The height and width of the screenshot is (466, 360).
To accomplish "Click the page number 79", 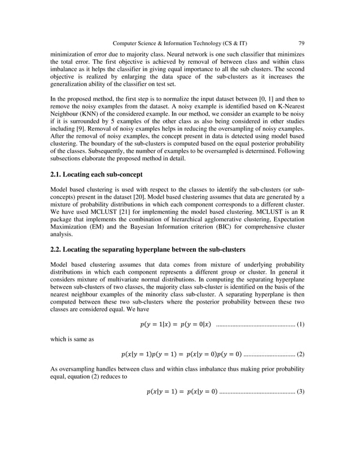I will [301, 43].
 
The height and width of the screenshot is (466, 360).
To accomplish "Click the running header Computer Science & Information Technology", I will [179, 43].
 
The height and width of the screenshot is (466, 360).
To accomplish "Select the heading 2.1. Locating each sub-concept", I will [100, 174].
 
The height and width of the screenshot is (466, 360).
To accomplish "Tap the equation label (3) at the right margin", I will [300, 391].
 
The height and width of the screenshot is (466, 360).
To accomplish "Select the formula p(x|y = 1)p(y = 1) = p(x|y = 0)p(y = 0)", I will [181, 354].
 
